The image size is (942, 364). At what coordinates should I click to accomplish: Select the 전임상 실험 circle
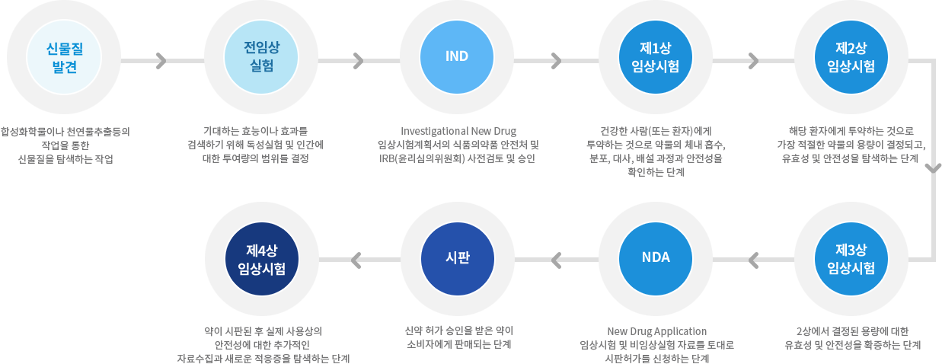coord(261,58)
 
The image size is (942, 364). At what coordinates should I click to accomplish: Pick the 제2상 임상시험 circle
coord(851,58)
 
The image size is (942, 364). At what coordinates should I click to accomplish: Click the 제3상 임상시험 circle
coord(851,259)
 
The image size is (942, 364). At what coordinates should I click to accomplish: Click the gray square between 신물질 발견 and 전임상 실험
coord(161,61)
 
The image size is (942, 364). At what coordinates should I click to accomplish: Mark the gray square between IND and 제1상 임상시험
coord(556,61)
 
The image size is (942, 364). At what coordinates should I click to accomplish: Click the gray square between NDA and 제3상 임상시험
coord(754,260)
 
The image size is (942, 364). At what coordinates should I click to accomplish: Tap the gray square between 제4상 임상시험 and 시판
coord(356,260)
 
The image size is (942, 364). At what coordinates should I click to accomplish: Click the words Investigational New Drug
coord(458,131)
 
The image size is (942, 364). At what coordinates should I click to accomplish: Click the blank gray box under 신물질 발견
coord(65,145)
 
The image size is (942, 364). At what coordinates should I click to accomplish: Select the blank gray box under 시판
coord(458,337)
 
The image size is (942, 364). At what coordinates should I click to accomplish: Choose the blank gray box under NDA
coord(656,345)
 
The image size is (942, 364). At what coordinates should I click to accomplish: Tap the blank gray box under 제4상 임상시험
coord(263,345)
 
